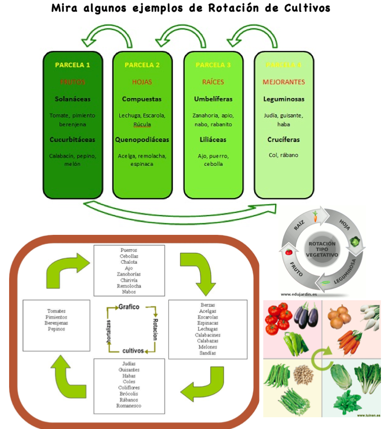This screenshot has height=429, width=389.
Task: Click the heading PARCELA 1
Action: point(73,65)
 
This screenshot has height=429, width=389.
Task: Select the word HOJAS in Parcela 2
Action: point(142,82)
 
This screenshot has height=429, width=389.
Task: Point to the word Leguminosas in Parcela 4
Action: point(284,99)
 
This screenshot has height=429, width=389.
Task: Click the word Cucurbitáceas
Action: point(72,139)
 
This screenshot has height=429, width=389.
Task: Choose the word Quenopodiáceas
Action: point(142,139)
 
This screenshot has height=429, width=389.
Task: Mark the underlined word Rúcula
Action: point(142,124)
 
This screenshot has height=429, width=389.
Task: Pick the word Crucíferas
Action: point(284,139)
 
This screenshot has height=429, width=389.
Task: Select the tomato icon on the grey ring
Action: point(289,252)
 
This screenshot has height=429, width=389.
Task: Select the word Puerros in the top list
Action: point(129,250)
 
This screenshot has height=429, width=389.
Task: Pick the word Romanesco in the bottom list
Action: point(129,405)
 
